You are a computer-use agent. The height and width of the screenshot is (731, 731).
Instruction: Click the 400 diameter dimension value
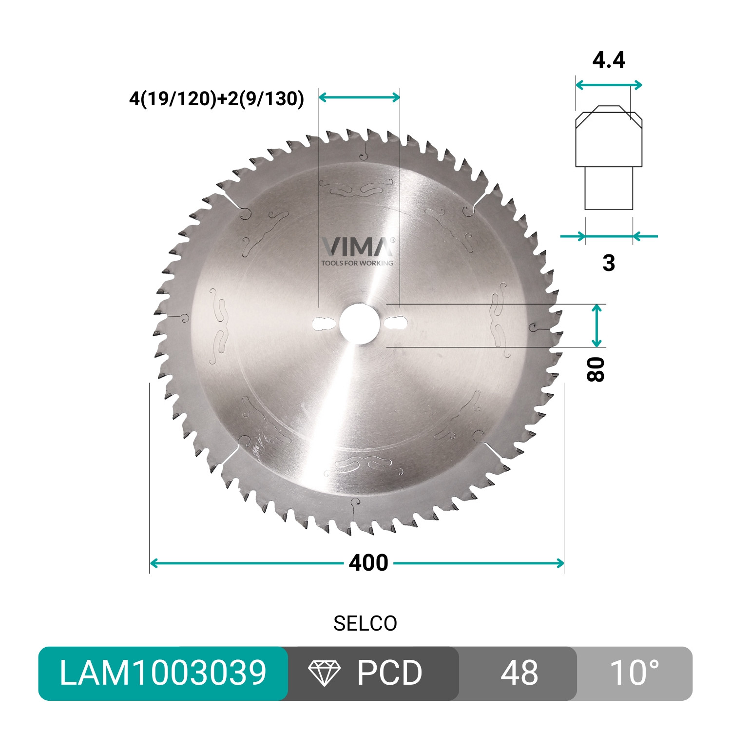click(x=368, y=563)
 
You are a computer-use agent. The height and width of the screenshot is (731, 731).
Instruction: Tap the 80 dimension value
click(x=596, y=369)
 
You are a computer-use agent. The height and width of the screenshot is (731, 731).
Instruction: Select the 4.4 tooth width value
click(x=609, y=60)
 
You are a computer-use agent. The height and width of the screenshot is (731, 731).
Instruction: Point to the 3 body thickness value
click(x=609, y=263)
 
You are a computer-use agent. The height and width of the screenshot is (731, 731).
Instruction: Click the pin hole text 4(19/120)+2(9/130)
click(x=216, y=98)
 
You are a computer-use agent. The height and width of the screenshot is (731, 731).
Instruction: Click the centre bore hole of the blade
click(x=360, y=323)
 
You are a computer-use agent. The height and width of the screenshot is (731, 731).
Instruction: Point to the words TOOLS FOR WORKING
click(x=357, y=263)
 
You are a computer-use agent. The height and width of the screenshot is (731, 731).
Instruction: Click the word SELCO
click(x=365, y=624)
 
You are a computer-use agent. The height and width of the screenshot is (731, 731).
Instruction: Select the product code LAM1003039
click(x=163, y=673)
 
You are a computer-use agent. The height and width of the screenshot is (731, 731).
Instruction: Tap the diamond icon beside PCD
click(x=325, y=673)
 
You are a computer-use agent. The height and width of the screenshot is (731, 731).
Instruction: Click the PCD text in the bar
click(x=389, y=673)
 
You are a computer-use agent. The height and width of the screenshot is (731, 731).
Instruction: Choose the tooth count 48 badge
click(x=519, y=673)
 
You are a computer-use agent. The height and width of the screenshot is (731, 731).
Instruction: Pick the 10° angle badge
click(x=634, y=673)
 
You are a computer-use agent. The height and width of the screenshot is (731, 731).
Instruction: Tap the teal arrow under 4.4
click(x=609, y=85)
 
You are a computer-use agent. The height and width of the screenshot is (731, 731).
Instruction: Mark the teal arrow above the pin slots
click(x=359, y=97)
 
